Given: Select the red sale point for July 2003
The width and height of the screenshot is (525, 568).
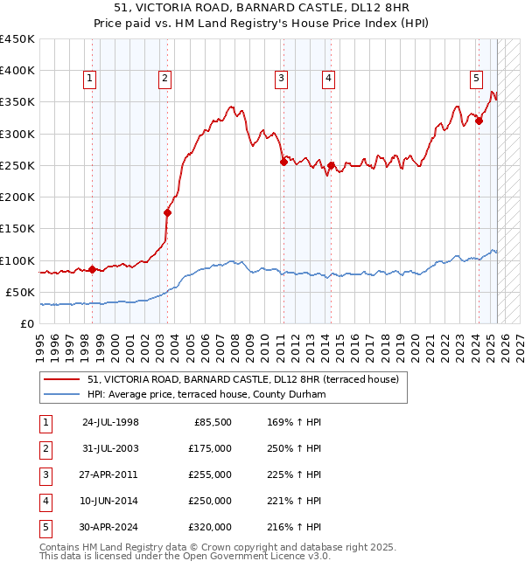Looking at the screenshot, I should click(167, 212).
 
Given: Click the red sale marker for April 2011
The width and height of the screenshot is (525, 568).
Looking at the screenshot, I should click(283, 162).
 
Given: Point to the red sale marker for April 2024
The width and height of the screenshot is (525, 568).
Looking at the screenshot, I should click(479, 121).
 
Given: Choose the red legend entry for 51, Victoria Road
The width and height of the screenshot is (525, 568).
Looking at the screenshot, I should click(243, 379).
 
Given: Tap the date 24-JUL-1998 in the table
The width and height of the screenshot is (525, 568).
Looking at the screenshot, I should click(110, 422).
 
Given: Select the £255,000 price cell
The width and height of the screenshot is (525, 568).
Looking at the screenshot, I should click(210, 474).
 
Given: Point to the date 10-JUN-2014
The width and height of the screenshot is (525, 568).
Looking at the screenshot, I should click(110, 501).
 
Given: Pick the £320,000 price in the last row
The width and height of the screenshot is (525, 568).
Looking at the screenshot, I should click(210, 527).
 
